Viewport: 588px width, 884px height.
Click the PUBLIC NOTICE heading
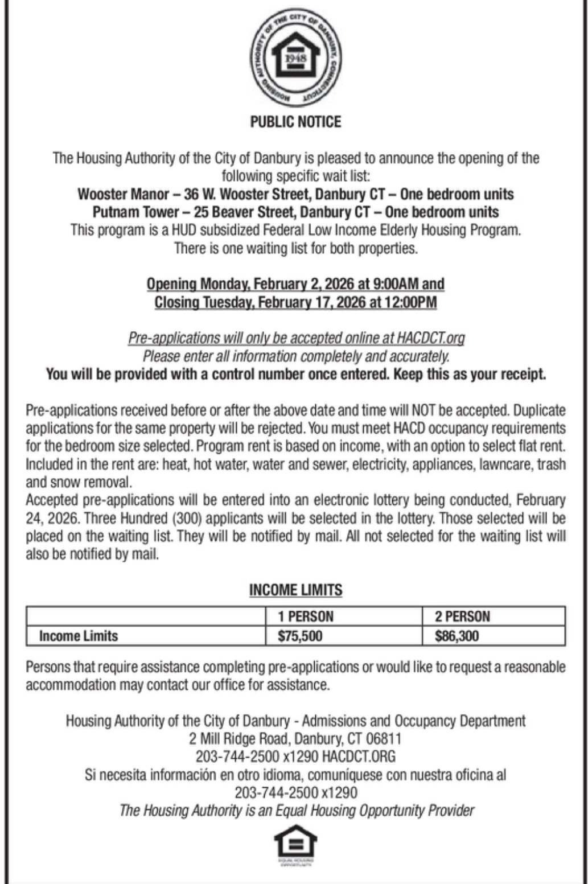pyautogui.click(x=295, y=122)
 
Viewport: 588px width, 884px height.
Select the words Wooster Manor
pyautogui.click(x=123, y=194)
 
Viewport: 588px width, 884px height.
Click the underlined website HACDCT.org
pyautogui.click(x=431, y=338)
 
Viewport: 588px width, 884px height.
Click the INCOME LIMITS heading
pyautogui.click(x=295, y=590)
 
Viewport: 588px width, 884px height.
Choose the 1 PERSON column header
pyautogui.click(x=306, y=616)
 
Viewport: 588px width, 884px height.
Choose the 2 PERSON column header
pyautogui.click(x=462, y=616)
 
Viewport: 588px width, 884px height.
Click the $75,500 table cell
pyautogui.click(x=300, y=636)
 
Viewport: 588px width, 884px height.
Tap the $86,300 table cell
pyautogui.click(x=457, y=636)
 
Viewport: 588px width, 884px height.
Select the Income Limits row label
pyautogui.click(x=78, y=636)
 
